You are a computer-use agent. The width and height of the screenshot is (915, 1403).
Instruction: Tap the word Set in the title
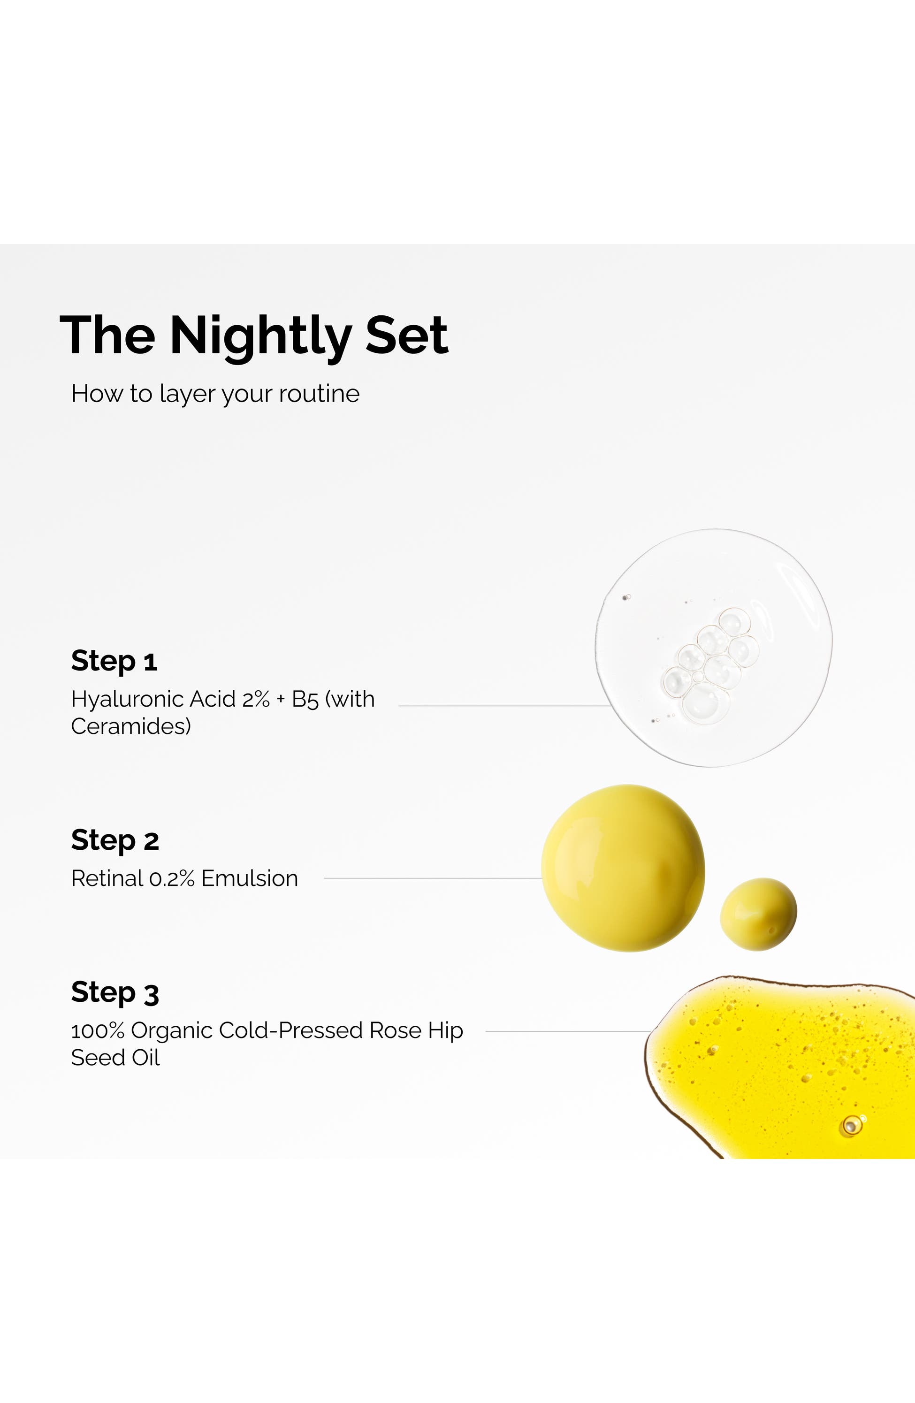(407, 335)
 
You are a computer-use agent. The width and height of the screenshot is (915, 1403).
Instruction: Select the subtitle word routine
(319, 394)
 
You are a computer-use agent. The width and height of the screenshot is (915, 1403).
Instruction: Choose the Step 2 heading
(115, 840)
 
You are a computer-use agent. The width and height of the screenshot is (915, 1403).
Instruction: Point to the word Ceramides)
(131, 726)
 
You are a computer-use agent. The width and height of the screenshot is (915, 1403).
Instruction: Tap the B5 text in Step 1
(305, 699)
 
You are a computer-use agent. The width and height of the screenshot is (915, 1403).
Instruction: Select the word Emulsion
(249, 878)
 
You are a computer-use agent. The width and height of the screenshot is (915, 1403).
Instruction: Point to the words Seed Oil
(115, 1058)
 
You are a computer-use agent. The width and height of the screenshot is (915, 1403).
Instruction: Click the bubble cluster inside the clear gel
(710, 665)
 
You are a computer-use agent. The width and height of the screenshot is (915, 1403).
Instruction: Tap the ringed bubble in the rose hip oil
(850, 1126)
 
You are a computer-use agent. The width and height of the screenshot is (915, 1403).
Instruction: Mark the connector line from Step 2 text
(432, 878)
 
